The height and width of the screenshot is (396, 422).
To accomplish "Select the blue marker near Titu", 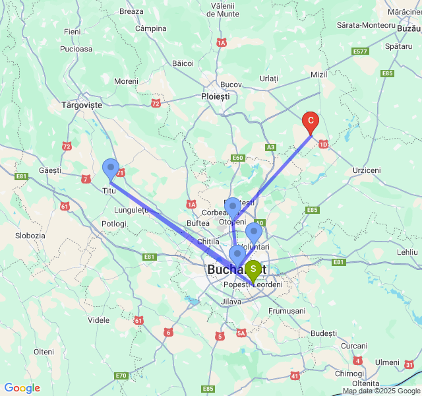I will [x=111, y=168].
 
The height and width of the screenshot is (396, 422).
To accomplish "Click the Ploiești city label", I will [x=216, y=96].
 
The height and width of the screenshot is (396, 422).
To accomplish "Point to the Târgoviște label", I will [x=82, y=105].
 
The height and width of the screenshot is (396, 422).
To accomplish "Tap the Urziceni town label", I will [x=367, y=170].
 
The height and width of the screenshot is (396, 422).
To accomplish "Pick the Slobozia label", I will [x=30, y=236].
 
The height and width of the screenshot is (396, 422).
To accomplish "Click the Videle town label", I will [x=98, y=320].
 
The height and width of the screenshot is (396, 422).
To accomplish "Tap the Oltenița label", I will [x=365, y=383].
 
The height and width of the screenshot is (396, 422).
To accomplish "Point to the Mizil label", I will [x=318, y=75].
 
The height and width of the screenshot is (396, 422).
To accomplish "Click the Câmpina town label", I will [x=150, y=28].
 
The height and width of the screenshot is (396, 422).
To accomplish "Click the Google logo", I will [x=22, y=388].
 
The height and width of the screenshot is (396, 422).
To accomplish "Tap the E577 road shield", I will [x=360, y=51].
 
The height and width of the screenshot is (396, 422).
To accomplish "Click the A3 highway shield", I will [x=270, y=147].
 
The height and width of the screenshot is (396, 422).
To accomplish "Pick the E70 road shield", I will [x=121, y=376].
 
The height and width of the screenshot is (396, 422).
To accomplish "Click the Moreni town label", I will [x=126, y=81].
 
